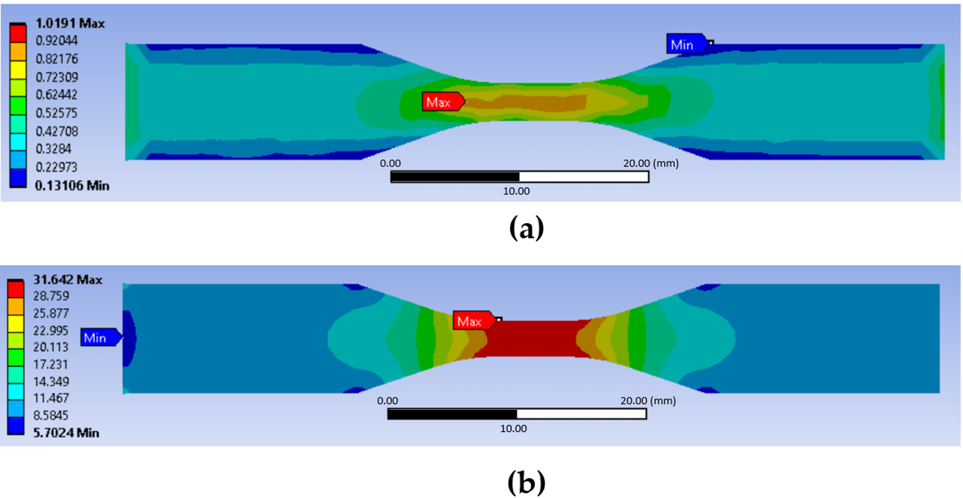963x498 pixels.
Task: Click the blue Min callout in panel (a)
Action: [x=688, y=44]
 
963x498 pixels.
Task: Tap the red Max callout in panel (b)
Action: [x=474, y=321]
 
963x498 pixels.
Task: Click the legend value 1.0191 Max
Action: [x=70, y=23]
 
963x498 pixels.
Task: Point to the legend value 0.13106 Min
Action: [x=72, y=186]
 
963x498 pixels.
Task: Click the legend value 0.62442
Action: [x=56, y=95]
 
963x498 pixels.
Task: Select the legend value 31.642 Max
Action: [x=68, y=280]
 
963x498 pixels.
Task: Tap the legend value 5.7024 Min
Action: [x=66, y=433]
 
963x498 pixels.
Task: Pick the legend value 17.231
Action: [x=51, y=364]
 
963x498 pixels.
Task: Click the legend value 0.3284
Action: [x=53, y=149]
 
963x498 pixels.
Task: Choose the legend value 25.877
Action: [x=51, y=313]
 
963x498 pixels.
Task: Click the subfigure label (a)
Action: [x=527, y=228]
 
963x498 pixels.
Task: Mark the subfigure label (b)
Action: [x=527, y=482]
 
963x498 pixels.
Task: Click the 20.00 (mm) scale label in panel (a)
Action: [x=651, y=163]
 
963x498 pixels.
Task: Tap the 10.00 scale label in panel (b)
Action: [x=513, y=429]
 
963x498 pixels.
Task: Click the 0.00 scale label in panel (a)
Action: [x=390, y=163]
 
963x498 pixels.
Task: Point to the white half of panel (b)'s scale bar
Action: [x=582, y=414]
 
